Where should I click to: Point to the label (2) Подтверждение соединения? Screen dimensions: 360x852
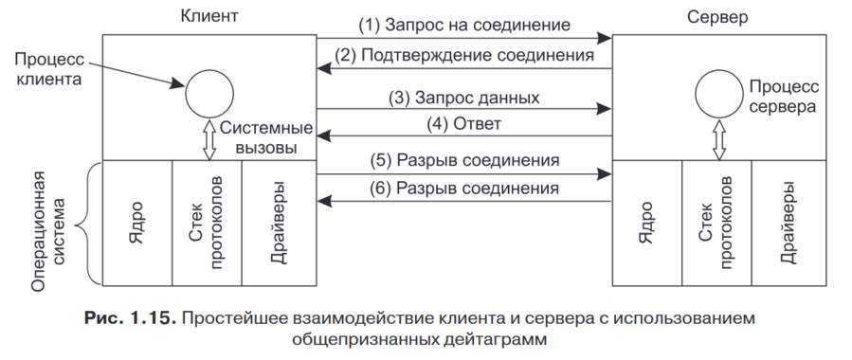click(x=464, y=55)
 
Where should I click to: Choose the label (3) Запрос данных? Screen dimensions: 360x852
click(x=464, y=97)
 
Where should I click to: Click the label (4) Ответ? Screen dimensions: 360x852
click(x=464, y=123)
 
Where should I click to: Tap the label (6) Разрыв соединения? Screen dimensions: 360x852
click(x=464, y=188)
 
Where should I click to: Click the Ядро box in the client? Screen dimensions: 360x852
click(x=136, y=223)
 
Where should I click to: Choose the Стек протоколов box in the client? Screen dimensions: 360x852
click(x=208, y=223)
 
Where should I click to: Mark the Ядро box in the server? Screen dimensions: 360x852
click(x=646, y=223)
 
